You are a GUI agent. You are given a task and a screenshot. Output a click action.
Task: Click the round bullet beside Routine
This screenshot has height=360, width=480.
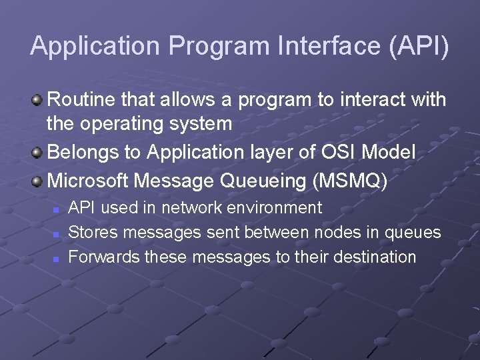(37, 100)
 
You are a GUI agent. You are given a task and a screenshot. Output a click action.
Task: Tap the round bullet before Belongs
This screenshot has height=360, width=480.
(37, 153)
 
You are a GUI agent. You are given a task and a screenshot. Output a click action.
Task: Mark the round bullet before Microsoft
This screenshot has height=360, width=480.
(37, 181)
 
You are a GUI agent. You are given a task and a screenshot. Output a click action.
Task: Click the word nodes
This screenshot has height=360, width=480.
(329, 232)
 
